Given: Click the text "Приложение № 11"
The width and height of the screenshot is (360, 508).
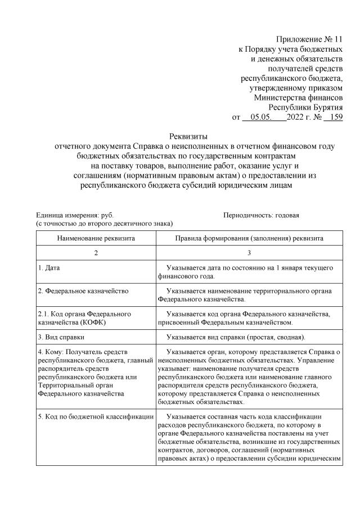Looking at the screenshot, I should tap(309, 39).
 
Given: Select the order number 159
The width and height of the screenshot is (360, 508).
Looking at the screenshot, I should tap(334, 117).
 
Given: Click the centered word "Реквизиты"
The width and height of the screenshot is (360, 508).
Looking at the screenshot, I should tap(188, 136).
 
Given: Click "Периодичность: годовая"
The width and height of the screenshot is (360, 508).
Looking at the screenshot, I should tap(261, 215).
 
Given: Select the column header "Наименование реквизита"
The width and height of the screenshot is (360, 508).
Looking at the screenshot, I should tap(96, 238).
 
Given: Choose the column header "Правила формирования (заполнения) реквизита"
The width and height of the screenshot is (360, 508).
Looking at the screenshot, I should tap(249, 238).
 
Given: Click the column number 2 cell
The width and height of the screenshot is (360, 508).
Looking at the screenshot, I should tap(96, 253).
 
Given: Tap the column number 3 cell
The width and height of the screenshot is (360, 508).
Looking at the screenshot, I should tap(249, 253).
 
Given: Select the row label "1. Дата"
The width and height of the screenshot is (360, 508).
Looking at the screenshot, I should tap(49, 268).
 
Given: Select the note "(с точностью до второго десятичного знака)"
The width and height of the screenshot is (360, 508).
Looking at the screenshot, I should tap(105, 224).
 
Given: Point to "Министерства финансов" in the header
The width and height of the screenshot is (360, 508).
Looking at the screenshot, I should tap(298, 97).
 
